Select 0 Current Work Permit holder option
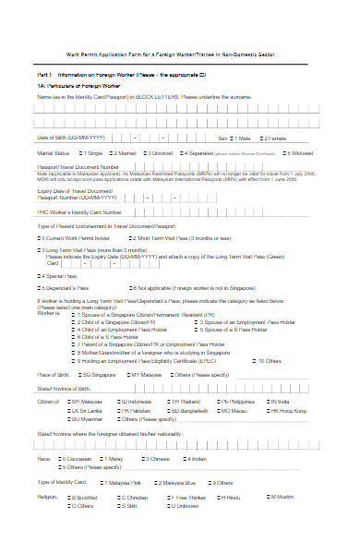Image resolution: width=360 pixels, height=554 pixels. tap(40, 237)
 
